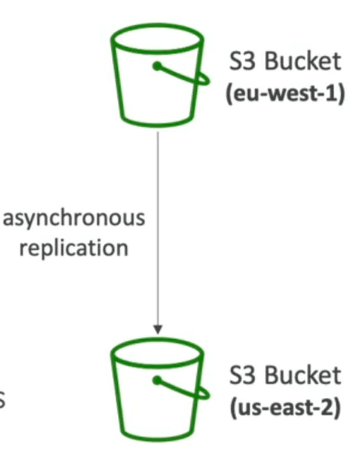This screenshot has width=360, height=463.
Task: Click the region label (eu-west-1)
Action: (x=285, y=93)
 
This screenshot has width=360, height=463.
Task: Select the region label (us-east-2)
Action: (x=285, y=407)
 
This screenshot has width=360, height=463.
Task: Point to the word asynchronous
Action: (x=74, y=218)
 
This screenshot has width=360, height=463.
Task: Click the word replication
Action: (x=74, y=249)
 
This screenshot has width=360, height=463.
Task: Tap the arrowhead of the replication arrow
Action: (x=158, y=329)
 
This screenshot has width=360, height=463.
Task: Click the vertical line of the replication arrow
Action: (x=158, y=229)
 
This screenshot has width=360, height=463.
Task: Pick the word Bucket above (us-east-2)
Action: (x=303, y=375)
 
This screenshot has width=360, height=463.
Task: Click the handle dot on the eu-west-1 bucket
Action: (x=157, y=66)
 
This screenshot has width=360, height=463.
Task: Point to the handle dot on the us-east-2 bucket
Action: (x=157, y=380)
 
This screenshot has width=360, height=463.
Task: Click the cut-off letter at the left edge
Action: (x=2, y=401)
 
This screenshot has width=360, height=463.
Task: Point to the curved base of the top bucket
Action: (x=157, y=125)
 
